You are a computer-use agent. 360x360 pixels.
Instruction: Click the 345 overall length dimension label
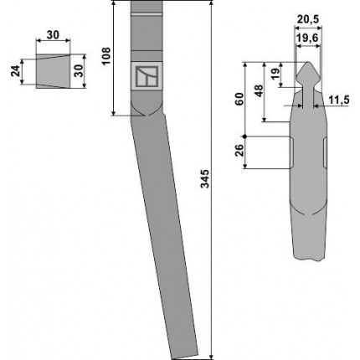(205, 178)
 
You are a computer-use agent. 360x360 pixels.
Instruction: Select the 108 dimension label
(106, 56)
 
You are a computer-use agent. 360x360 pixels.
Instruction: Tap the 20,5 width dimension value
(308, 19)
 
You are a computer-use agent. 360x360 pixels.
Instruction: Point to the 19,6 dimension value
(307, 38)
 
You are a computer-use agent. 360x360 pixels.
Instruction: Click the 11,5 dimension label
(338, 100)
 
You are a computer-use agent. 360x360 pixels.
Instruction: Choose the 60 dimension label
(239, 99)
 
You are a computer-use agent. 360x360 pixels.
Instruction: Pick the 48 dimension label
(260, 90)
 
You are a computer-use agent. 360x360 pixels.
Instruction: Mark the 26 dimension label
(239, 150)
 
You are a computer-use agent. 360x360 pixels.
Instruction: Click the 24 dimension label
(16, 71)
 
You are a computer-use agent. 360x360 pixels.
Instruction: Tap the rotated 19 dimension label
(275, 75)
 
